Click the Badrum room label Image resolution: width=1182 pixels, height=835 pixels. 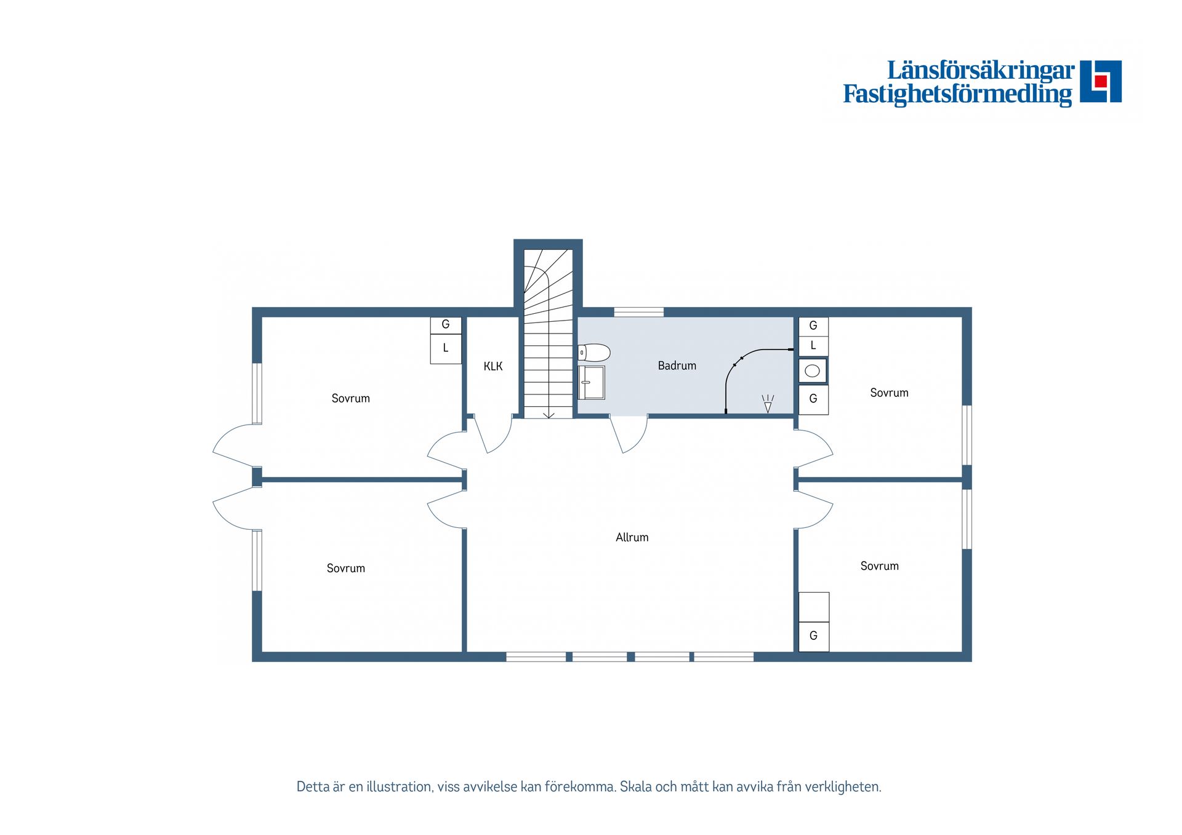[x=677, y=366]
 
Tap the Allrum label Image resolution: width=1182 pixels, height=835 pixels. [x=632, y=537]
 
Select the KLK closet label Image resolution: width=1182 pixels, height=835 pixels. [x=492, y=366]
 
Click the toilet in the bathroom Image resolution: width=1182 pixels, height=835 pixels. [x=594, y=353]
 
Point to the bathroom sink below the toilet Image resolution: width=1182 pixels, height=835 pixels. [x=592, y=383]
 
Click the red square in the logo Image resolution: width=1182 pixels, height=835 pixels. [x=1101, y=81]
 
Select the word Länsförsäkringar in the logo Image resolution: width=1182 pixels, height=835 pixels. [x=981, y=70]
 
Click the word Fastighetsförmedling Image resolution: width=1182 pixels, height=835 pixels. [x=957, y=94]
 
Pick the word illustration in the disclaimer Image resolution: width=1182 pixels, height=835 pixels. [x=398, y=786]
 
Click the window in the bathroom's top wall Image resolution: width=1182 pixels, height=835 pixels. [x=638, y=312]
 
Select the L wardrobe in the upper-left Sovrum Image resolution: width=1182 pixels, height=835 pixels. [x=446, y=349]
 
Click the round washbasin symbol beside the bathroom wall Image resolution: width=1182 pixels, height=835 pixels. [x=812, y=371]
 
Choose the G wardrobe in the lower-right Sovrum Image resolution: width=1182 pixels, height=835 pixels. [x=813, y=636]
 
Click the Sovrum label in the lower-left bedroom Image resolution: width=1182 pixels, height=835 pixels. [x=345, y=568]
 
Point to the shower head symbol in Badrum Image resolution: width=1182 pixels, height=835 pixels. [x=768, y=404]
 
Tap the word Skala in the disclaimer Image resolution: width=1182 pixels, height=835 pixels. [x=636, y=786]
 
